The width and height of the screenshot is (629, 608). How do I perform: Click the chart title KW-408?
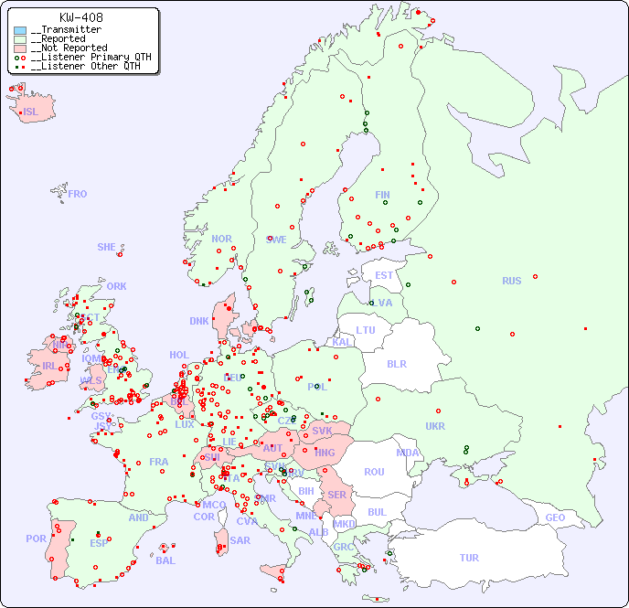point(80,17)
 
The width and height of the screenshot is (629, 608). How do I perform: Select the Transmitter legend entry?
point(66,30)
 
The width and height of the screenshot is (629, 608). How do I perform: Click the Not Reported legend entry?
point(69,48)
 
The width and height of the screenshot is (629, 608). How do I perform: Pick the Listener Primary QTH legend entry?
point(82,57)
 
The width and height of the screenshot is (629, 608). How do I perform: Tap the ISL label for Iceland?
point(30,112)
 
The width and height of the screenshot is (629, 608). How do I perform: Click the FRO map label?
point(77,194)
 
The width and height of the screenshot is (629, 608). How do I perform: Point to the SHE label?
point(106,247)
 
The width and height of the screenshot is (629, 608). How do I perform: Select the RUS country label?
point(511,281)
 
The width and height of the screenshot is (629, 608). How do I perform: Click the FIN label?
point(382,195)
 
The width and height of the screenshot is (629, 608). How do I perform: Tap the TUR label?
point(469,558)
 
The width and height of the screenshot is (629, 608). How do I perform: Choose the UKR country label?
point(435,426)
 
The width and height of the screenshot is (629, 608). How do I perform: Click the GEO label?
point(555,517)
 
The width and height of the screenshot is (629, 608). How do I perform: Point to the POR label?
point(36,539)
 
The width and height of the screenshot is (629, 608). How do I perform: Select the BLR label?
point(397,363)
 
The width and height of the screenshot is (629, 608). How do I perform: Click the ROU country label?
point(374,472)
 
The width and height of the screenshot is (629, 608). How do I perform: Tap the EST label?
point(384,275)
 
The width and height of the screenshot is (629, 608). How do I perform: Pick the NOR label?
point(221,239)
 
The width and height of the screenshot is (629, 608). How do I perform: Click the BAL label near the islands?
point(165,560)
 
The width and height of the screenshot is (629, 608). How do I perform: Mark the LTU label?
point(366,330)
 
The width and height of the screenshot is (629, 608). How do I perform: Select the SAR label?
point(240,540)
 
